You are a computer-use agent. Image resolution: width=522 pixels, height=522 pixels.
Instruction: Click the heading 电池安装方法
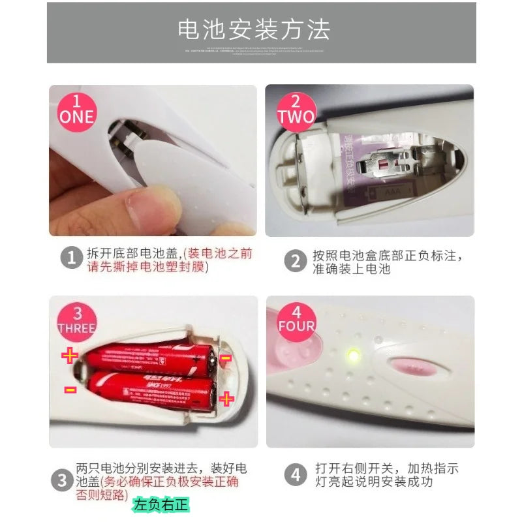(254, 30)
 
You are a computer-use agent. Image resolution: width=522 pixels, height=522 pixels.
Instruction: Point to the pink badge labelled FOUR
(296, 318)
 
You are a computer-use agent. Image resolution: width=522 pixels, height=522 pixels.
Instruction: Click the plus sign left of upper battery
(69, 356)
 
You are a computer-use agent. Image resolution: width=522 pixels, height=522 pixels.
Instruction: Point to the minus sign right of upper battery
(226, 358)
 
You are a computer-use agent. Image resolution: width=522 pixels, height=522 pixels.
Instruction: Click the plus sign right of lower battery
(226, 398)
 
